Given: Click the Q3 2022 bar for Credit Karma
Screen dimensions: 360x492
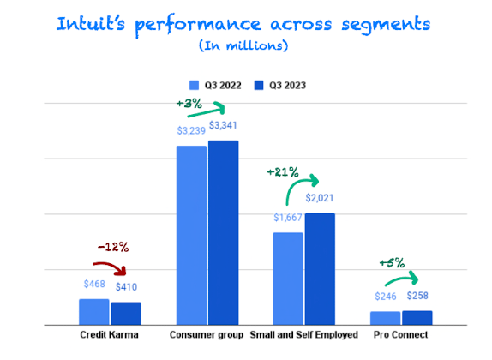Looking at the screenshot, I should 93,312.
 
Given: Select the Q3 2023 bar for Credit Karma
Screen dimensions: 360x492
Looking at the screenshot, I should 125,314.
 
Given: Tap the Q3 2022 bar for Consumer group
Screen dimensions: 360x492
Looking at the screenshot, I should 191,235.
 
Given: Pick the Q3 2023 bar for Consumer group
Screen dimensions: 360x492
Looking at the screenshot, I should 223,232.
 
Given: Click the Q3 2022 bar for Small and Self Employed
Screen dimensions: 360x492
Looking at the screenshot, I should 288,279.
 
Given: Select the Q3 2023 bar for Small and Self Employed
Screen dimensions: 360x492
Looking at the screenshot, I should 320,269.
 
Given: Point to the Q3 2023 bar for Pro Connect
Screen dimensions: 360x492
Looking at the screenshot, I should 417,318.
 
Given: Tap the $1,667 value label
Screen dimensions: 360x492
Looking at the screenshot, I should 288,219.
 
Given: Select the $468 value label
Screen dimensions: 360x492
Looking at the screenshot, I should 93,284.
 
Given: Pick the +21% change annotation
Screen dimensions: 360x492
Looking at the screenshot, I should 283,172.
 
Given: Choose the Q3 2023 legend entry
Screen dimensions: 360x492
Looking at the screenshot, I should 281,85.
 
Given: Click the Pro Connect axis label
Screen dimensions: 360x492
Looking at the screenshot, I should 400,335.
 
